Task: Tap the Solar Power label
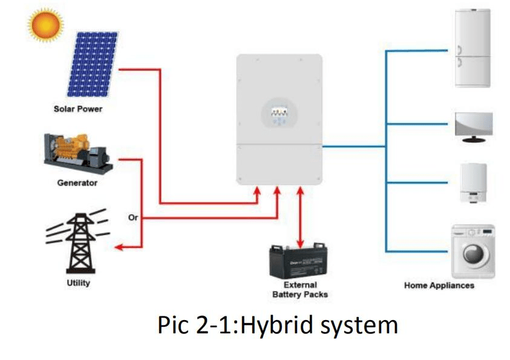click(77, 110)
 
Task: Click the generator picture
click(77, 152)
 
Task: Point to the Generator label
click(77, 183)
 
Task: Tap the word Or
click(133, 218)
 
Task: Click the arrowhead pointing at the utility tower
click(120, 247)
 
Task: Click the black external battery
click(299, 262)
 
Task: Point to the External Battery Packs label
click(300, 289)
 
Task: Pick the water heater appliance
click(474, 182)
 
